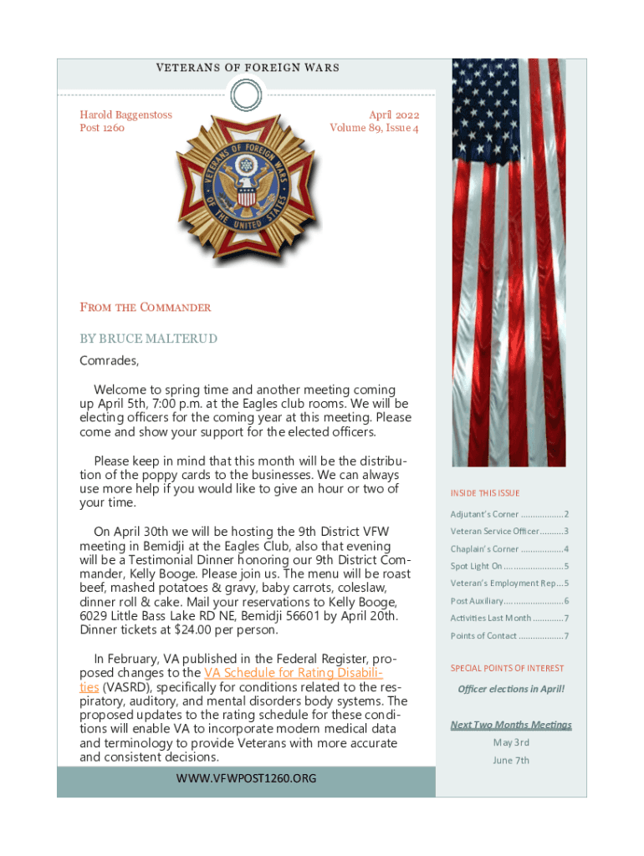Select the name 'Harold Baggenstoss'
point(125,115)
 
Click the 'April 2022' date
point(394,115)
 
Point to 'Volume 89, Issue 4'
point(374,128)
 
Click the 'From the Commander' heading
point(146,308)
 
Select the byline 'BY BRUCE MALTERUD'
point(148,339)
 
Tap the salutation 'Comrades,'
point(109,361)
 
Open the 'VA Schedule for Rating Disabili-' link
point(294,673)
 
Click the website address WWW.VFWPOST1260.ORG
point(246,778)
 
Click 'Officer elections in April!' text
point(511,689)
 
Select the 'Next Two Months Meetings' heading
point(511,725)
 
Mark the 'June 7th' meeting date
point(511,761)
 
